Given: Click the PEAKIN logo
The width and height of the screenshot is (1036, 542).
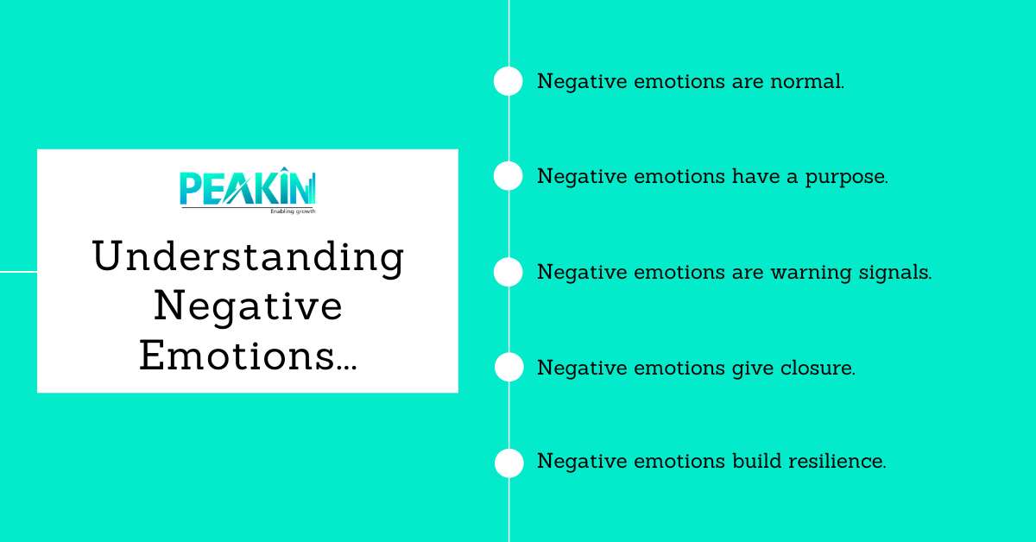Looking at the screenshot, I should click(x=248, y=188).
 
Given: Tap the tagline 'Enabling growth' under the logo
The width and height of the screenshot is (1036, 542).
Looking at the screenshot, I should click(x=293, y=210).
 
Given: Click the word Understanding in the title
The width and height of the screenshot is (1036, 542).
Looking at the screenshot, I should click(x=248, y=257).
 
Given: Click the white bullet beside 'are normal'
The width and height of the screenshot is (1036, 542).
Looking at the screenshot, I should click(x=509, y=81).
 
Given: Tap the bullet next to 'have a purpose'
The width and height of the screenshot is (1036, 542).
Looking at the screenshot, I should click(x=509, y=176).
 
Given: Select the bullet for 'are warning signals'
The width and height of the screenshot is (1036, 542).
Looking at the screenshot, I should click(x=509, y=272).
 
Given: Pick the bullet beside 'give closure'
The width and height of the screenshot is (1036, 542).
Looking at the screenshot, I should click(x=509, y=367).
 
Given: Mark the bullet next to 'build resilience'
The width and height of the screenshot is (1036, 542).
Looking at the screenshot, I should click(x=509, y=463).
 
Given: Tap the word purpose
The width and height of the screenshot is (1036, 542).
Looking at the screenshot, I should click(x=850, y=178).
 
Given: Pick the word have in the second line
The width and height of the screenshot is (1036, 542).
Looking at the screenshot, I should click(x=756, y=177).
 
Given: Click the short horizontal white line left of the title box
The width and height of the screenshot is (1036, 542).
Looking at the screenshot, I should click(x=18, y=271).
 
